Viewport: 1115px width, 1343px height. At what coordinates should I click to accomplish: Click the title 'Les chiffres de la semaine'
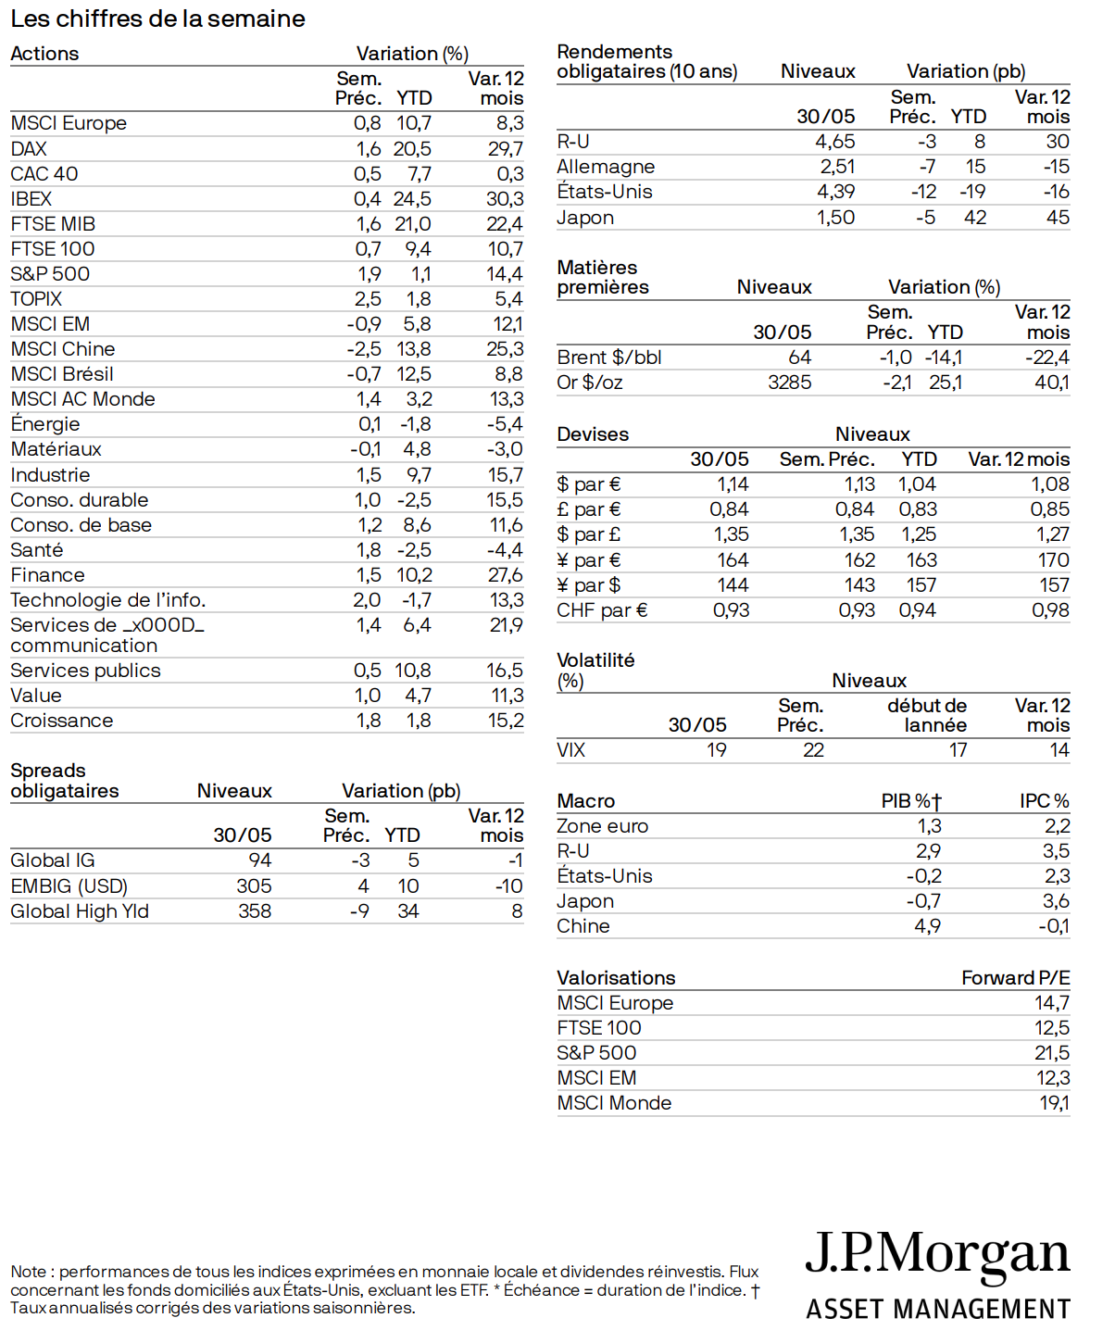157,19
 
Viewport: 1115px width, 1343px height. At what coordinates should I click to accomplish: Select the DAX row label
29,149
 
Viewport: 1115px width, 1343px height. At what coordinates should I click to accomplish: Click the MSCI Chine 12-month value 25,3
505,349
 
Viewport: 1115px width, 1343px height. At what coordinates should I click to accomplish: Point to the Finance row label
47,575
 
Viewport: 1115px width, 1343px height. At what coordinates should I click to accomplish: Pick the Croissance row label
62,721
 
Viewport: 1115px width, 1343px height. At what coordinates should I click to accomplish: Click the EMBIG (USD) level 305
254,886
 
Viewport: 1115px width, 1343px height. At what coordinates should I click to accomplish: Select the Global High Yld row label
80,911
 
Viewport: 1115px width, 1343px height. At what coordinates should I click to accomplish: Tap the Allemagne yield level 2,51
837,167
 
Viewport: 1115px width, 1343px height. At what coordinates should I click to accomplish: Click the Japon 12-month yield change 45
1058,218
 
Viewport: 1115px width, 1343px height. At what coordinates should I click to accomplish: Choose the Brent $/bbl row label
609,358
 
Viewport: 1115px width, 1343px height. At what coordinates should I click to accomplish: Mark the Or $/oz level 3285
789,383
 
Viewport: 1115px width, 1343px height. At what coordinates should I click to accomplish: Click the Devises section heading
593,434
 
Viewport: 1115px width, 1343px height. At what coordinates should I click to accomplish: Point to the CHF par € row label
602,610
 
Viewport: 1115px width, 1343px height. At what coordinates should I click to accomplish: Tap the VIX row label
571,750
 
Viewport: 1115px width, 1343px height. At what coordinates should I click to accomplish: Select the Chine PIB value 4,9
928,926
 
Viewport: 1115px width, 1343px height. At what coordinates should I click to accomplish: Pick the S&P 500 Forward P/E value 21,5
1052,1053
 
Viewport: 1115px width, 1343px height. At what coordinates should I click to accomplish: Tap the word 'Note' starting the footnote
29,1272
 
